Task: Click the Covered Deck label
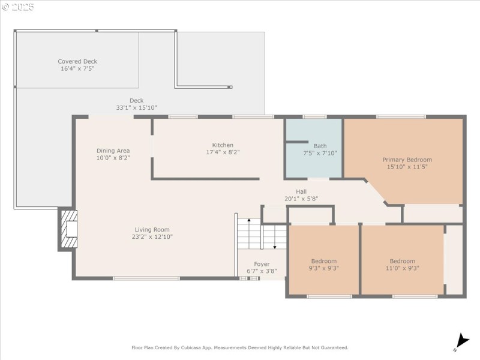point(77,61)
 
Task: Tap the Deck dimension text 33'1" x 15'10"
point(136,108)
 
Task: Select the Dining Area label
point(113,151)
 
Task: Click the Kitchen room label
point(223,145)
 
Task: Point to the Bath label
point(320,146)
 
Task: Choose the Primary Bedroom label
point(407,160)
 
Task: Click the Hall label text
point(301,191)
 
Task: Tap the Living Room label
point(152,229)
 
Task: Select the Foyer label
point(262,264)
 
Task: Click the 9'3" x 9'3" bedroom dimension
point(324,268)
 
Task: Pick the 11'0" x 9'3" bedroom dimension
point(402,268)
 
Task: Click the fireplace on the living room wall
point(68,229)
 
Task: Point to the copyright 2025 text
point(18,7)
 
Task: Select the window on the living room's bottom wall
point(146,278)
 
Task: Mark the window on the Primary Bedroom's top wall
point(401,116)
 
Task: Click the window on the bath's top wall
point(314,116)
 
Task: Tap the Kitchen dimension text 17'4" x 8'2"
point(223,152)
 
